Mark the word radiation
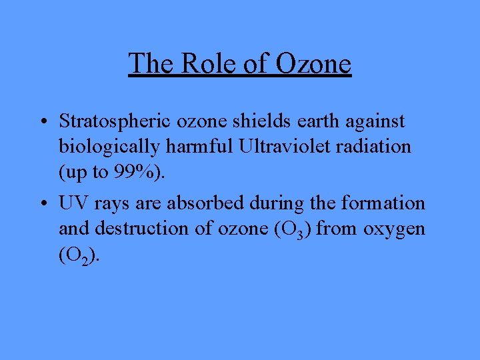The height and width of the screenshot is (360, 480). click(x=377, y=146)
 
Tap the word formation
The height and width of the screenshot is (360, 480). click(x=388, y=203)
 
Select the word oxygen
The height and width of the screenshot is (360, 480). click(x=394, y=229)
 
